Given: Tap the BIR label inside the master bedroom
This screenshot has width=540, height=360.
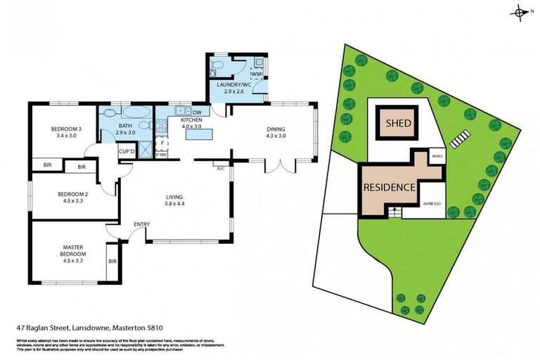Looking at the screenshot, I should click(112, 261).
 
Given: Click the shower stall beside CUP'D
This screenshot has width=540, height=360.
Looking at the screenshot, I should click(146, 150).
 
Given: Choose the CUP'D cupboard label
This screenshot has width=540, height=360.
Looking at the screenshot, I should click(127, 152).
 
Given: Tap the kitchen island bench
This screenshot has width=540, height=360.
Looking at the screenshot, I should click(198, 134).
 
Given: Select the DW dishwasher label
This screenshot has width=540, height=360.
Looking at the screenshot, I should click(197, 112).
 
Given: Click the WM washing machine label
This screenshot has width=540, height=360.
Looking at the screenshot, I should click(256, 73).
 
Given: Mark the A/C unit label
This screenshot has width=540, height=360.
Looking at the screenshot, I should click(220, 168).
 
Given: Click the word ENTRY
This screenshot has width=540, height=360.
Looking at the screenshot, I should click(142, 224).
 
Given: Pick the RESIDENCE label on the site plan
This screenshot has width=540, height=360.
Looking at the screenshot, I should click(389, 188).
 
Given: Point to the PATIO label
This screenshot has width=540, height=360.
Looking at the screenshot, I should click(436, 157).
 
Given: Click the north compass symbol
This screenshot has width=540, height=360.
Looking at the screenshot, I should click(520, 12).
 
